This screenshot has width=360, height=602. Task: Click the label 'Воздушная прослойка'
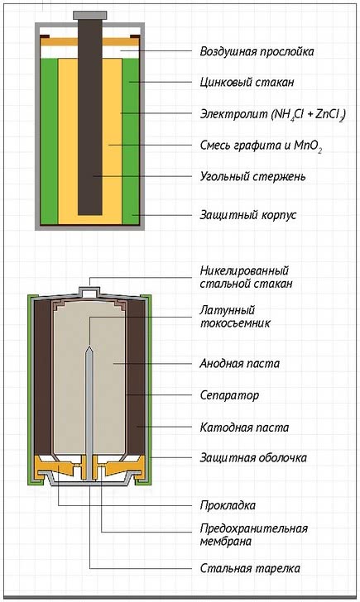pos(257,51)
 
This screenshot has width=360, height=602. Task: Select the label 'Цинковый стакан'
pos(247,82)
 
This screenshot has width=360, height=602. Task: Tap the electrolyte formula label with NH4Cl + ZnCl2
pos(273,114)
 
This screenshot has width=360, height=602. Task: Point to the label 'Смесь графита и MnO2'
pos(261,146)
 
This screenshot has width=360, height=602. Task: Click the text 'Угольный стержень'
pos(252,177)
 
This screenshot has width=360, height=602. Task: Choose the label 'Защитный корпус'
pos(248,215)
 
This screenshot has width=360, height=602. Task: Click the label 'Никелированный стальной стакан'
pos(246,277)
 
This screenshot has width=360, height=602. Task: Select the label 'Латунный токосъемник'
pos(235,317)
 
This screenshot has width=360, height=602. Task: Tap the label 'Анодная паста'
pos(239,363)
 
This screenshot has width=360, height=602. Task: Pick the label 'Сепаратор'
pos(229,395)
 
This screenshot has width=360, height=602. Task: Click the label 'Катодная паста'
pos(244,428)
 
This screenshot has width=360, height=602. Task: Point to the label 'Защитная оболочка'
pos(253,457)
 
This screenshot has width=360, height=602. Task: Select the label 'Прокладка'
pos(228,505)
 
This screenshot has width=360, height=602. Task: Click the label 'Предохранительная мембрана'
pos(253,535)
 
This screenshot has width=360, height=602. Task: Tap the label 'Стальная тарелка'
pos(250,568)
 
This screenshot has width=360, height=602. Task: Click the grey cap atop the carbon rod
pos(90,16)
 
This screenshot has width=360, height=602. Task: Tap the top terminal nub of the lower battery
pos(89,291)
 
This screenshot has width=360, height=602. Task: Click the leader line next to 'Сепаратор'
pos(159,394)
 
